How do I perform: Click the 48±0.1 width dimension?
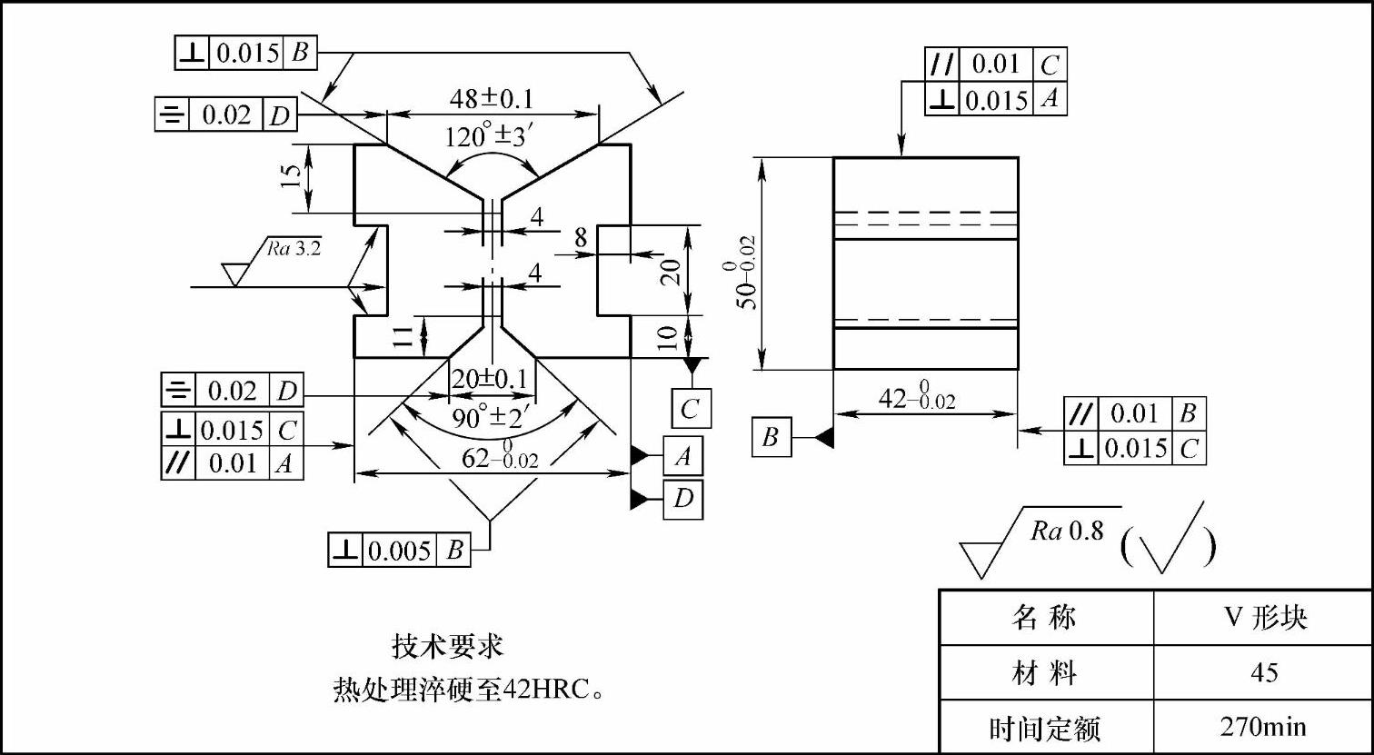point(492,99)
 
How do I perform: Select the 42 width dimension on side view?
point(918,397)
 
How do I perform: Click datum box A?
point(682,456)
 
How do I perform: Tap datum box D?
point(682,499)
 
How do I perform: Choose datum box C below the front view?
point(691,409)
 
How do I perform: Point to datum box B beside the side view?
point(771,438)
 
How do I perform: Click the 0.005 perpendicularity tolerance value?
point(399,551)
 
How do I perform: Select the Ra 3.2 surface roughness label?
point(294,247)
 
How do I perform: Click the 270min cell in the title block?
point(1263,727)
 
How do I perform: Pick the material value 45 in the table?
point(1263,672)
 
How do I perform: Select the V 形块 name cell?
point(1263,618)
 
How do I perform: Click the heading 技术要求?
point(447,647)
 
